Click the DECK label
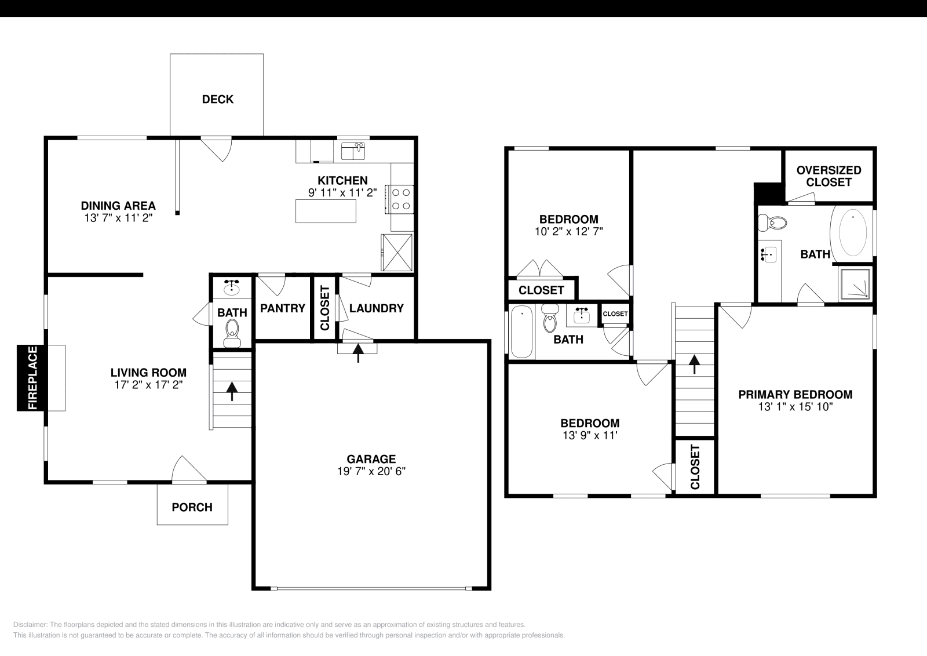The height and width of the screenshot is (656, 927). coord(217,99)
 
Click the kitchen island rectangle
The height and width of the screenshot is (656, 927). coord(326,211)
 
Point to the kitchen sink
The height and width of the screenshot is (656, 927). coord(353,151)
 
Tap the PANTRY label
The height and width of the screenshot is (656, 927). coord(282,308)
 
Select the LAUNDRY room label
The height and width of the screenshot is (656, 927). coord(376,308)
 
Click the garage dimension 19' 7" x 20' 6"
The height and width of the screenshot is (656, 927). coord(371,472)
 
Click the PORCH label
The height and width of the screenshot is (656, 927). coord(192,507)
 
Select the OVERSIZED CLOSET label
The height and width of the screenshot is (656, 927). coord(829,176)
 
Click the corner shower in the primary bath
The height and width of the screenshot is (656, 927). coord(855,284)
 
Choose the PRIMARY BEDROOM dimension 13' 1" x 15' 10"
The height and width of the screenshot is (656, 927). coord(795,407)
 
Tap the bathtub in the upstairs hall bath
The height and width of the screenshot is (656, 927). coord(521,332)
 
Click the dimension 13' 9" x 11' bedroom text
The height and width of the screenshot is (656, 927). coord(590,436)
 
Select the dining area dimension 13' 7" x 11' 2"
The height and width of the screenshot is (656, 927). coord(118,218)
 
